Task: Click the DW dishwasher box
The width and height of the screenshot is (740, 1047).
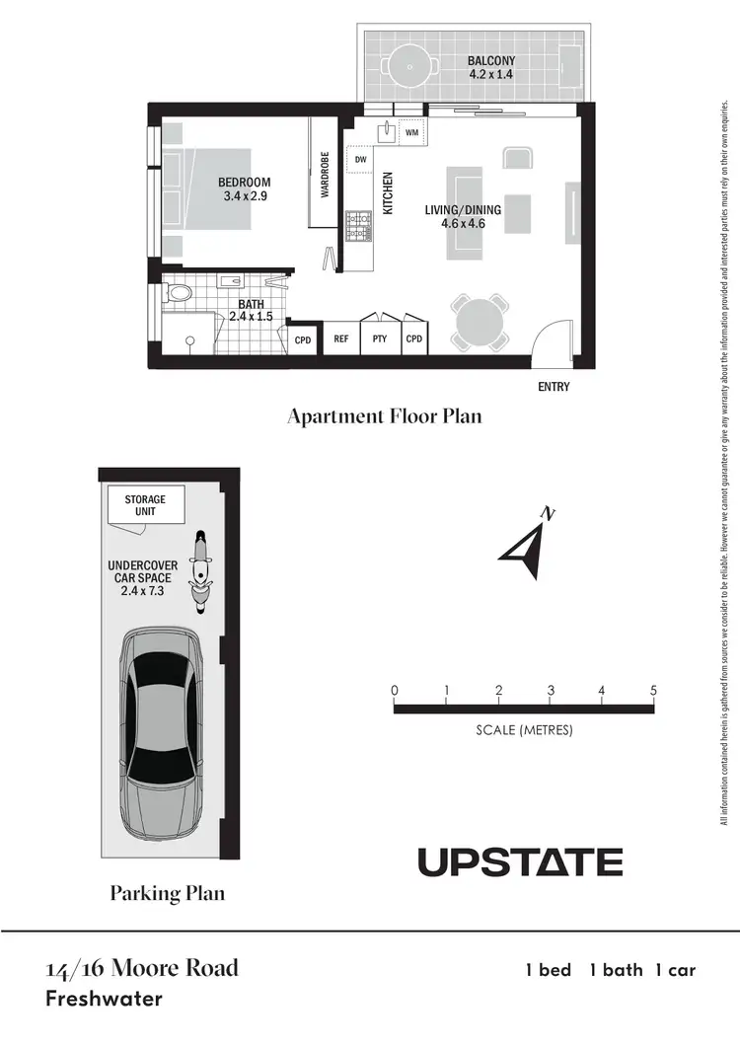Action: tap(360, 159)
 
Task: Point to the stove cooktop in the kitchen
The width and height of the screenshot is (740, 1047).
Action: tap(359, 226)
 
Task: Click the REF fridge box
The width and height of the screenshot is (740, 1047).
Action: tap(341, 338)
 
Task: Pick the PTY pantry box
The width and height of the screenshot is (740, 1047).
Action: tap(379, 338)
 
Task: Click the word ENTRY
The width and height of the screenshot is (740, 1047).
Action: tap(554, 387)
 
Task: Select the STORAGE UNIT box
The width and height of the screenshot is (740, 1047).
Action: tap(145, 505)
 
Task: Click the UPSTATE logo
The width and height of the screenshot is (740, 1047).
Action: tap(520, 861)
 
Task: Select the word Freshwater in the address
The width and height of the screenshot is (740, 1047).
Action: tap(104, 999)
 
